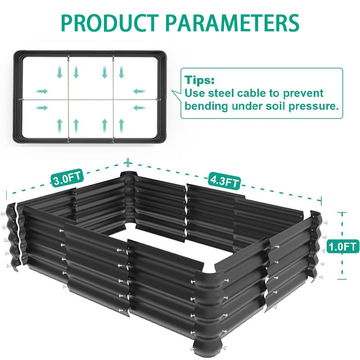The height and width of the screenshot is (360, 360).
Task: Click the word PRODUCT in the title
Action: (110, 23)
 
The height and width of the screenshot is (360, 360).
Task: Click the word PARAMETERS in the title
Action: (232, 23)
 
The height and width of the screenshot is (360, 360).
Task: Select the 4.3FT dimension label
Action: (224, 181)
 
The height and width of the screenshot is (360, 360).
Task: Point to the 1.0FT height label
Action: (343, 246)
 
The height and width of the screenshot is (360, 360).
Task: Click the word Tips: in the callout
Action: (200, 80)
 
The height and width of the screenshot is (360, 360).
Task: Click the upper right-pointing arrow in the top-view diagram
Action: (41, 91)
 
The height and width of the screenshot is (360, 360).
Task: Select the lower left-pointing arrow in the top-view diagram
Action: (139, 108)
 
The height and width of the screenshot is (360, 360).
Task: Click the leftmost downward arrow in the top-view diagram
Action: (60, 72)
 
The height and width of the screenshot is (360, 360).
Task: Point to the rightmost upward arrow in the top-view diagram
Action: (121, 126)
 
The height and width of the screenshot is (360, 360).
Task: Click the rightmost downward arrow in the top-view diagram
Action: (121, 72)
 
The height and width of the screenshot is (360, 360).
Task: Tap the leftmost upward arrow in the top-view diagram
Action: (60, 126)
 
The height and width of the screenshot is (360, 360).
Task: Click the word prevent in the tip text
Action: (303, 94)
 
